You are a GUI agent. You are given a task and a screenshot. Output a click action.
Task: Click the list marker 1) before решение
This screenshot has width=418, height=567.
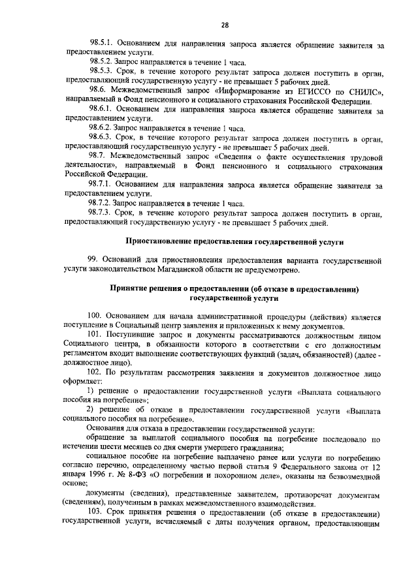pos(91,390)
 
